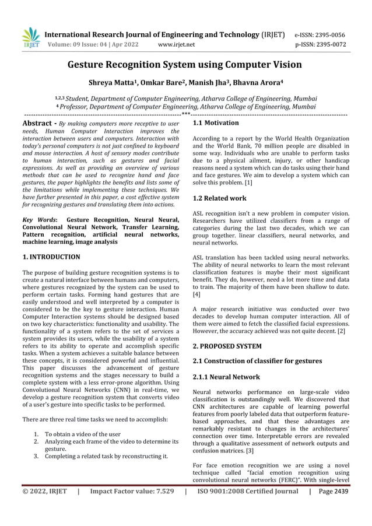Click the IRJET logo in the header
click(x=31, y=38)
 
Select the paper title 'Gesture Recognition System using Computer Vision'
click(x=185, y=65)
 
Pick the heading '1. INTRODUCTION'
click(x=51, y=257)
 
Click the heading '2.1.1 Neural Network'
click(x=226, y=377)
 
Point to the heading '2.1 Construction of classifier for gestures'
click(x=257, y=361)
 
